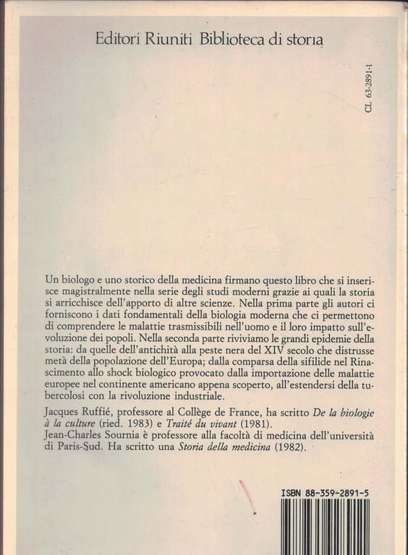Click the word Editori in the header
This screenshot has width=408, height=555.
(119, 40)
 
